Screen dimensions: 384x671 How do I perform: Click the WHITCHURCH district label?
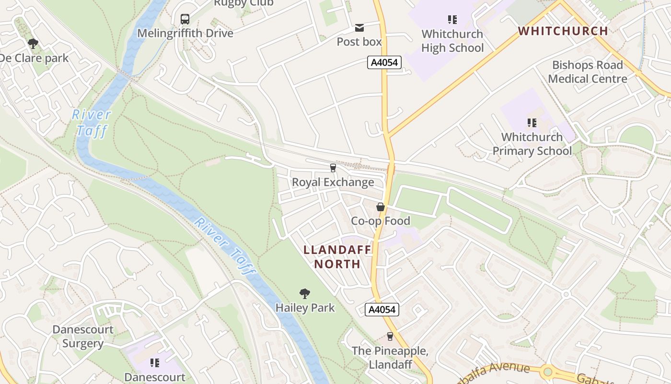(x=563, y=31)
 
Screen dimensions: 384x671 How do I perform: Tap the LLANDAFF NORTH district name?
(x=337, y=257)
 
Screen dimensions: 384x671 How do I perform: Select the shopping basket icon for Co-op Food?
(x=381, y=207)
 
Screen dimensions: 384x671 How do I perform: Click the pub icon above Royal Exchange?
(x=333, y=168)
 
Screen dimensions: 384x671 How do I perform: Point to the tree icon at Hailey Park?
(x=304, y=293)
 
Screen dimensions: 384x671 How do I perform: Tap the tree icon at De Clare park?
(x=33, y=44)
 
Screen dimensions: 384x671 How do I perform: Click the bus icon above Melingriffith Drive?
(x=185, y=19)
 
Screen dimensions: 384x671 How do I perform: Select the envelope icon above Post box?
(x=359, y=28)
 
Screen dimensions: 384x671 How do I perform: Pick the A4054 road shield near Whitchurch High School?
(x=384, y=62)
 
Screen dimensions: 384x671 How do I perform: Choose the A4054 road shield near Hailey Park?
(x=382, y=310)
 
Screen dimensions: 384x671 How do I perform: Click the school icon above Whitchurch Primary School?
(x=532, y=123)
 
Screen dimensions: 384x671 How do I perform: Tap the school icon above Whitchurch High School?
(x=452, y=20)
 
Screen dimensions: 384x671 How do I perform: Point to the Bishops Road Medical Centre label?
(x=587, y=72)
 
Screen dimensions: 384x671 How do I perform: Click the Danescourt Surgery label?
(x=83, y=336)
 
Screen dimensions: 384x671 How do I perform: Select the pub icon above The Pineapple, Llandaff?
(x=390, y=336)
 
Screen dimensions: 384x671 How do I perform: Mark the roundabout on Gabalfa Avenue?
(x=547, y=372)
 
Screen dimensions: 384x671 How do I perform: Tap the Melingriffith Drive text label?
(x=185, y=33)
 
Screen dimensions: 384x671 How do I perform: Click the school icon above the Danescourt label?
(x=154, y=362)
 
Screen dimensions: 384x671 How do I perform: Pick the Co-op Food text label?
(x=381, y=221)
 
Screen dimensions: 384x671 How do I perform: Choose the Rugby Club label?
(x=243, y=3)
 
